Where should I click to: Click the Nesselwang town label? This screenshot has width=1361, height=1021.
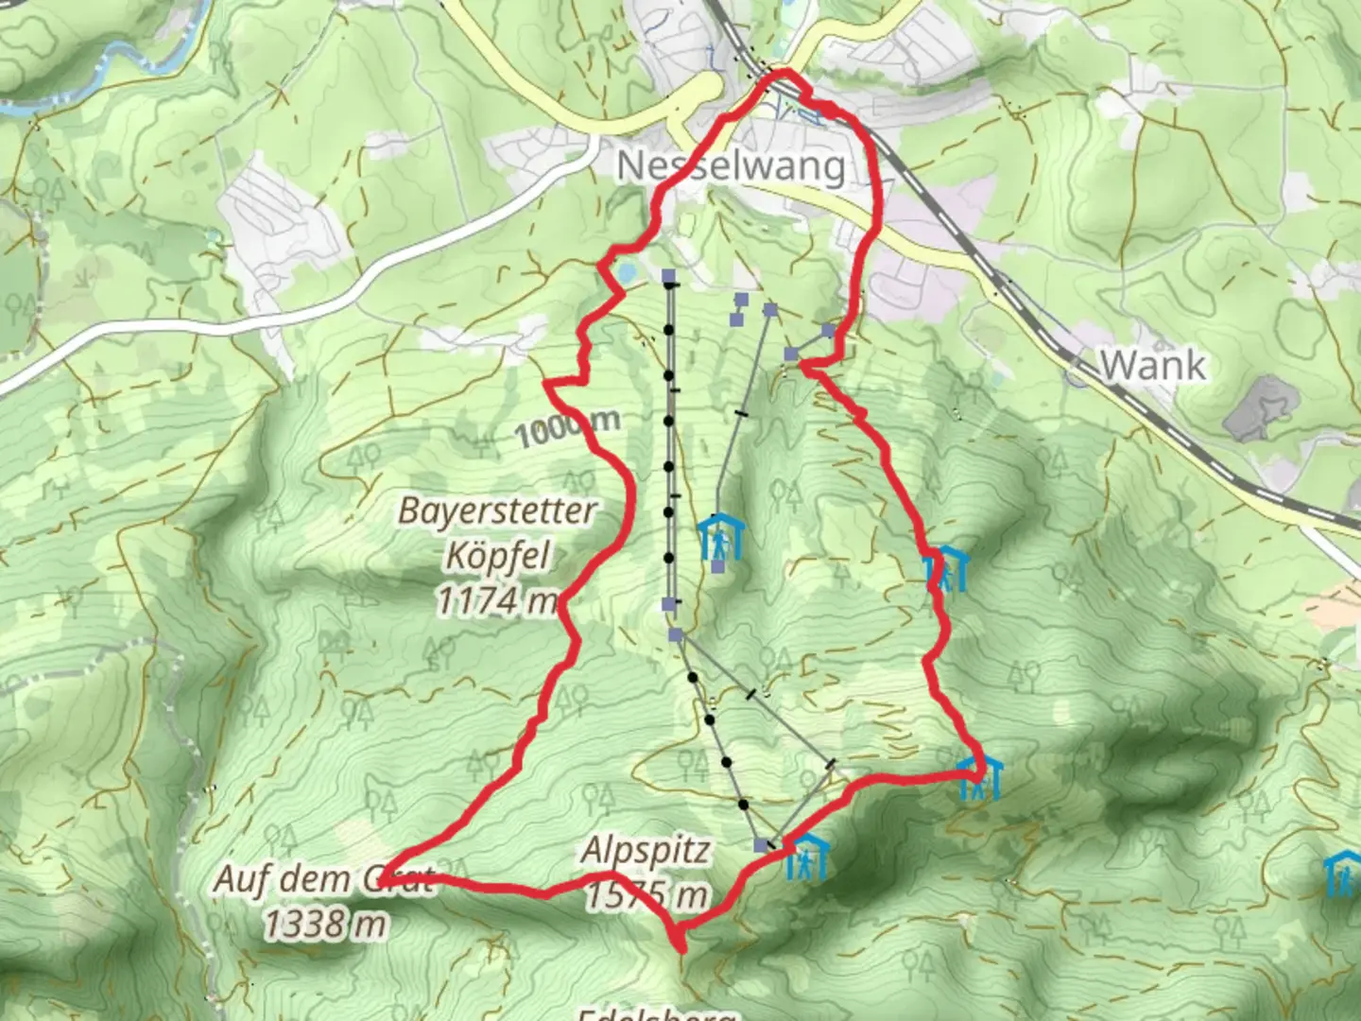731,167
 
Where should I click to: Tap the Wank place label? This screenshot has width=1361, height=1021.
1153,365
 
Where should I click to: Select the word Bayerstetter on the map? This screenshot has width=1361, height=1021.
497,511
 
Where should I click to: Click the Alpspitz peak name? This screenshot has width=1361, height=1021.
646,851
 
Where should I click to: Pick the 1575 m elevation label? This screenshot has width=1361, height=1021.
646,893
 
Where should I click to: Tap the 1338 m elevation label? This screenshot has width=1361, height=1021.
325,924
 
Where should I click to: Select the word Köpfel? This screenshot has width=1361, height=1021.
498,556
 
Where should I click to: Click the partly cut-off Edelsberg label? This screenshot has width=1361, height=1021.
657,1014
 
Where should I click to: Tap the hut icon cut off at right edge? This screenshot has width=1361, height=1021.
1343,875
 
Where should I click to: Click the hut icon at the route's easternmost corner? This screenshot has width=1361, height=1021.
979,778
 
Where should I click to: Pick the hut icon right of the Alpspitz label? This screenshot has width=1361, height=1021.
805,857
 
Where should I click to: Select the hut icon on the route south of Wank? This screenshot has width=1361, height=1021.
946,569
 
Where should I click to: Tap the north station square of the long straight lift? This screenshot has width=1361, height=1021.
669,276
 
